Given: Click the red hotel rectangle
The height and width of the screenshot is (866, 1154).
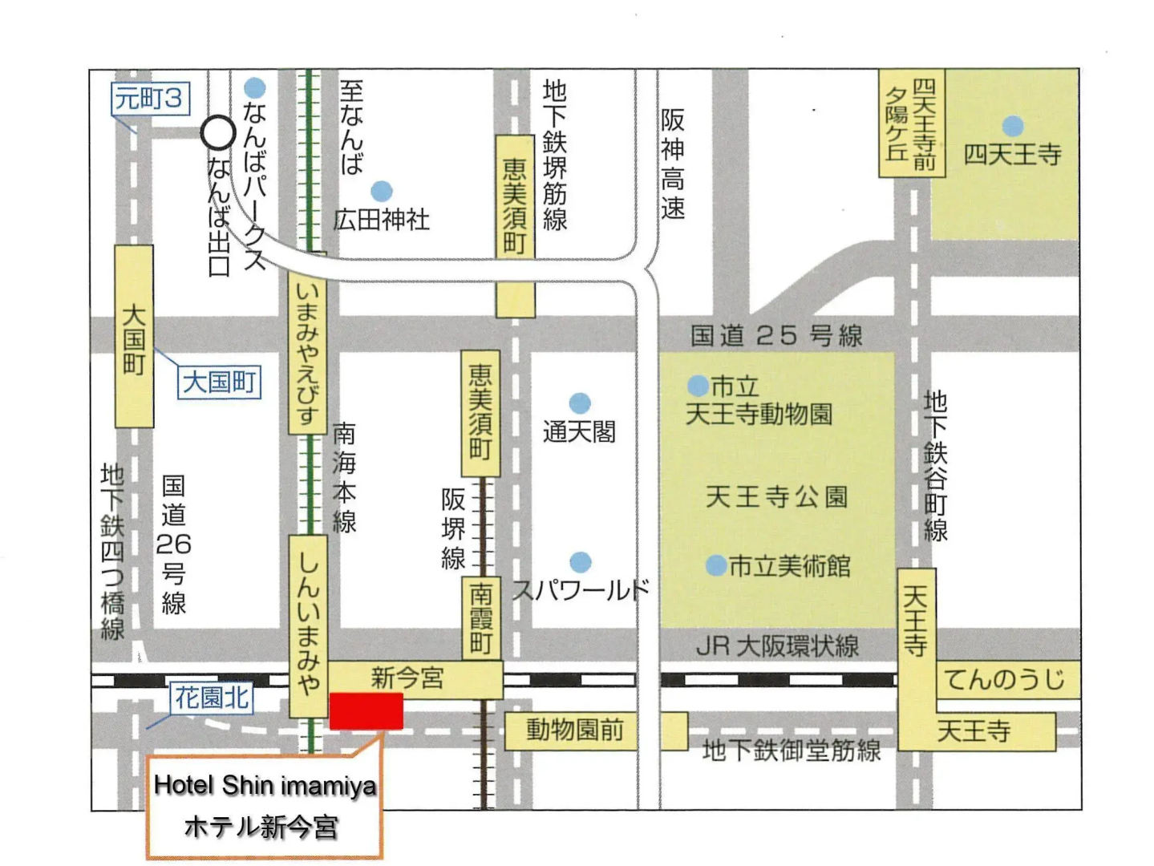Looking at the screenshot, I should click(x=366, y=711).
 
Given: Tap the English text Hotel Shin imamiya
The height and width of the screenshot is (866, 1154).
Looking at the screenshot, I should click(x=265, y=785).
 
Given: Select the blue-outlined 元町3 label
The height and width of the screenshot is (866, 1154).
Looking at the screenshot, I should click(x=149, y=99).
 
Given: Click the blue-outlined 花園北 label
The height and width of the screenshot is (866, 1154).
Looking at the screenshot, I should click(x=212, y=698).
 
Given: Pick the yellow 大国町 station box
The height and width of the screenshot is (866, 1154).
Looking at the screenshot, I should click(x=134, y=336).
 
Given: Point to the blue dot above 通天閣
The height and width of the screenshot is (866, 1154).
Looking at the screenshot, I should click(x=580, y=403).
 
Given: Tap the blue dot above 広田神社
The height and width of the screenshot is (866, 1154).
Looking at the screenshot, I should click(x=382, y=192).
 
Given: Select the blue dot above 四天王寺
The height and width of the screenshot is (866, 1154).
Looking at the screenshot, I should click(x=1013, y=126).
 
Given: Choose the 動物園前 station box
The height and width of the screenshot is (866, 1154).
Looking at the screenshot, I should click(x=574, y=730).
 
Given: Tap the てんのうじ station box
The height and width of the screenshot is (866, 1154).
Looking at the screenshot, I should click(x=1005, y=680).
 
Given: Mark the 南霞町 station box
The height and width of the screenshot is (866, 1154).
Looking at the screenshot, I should click(x=481, y=617).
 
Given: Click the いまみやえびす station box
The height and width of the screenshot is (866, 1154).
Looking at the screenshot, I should click(x=307, y=353).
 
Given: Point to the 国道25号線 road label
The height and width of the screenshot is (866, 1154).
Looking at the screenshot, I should click(x=775, y=335).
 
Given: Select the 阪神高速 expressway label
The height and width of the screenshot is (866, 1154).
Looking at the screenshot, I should click(x=673, y=164).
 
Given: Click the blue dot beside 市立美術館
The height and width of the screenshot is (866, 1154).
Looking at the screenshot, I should click(x=715, y=566).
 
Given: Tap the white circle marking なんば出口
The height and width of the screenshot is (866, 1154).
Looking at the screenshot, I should click(x=217, y=133).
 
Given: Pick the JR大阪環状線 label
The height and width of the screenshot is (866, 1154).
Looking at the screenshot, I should click(x=776, y=646).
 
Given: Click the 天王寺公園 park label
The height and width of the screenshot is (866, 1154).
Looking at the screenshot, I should click(x=775, y=497).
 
